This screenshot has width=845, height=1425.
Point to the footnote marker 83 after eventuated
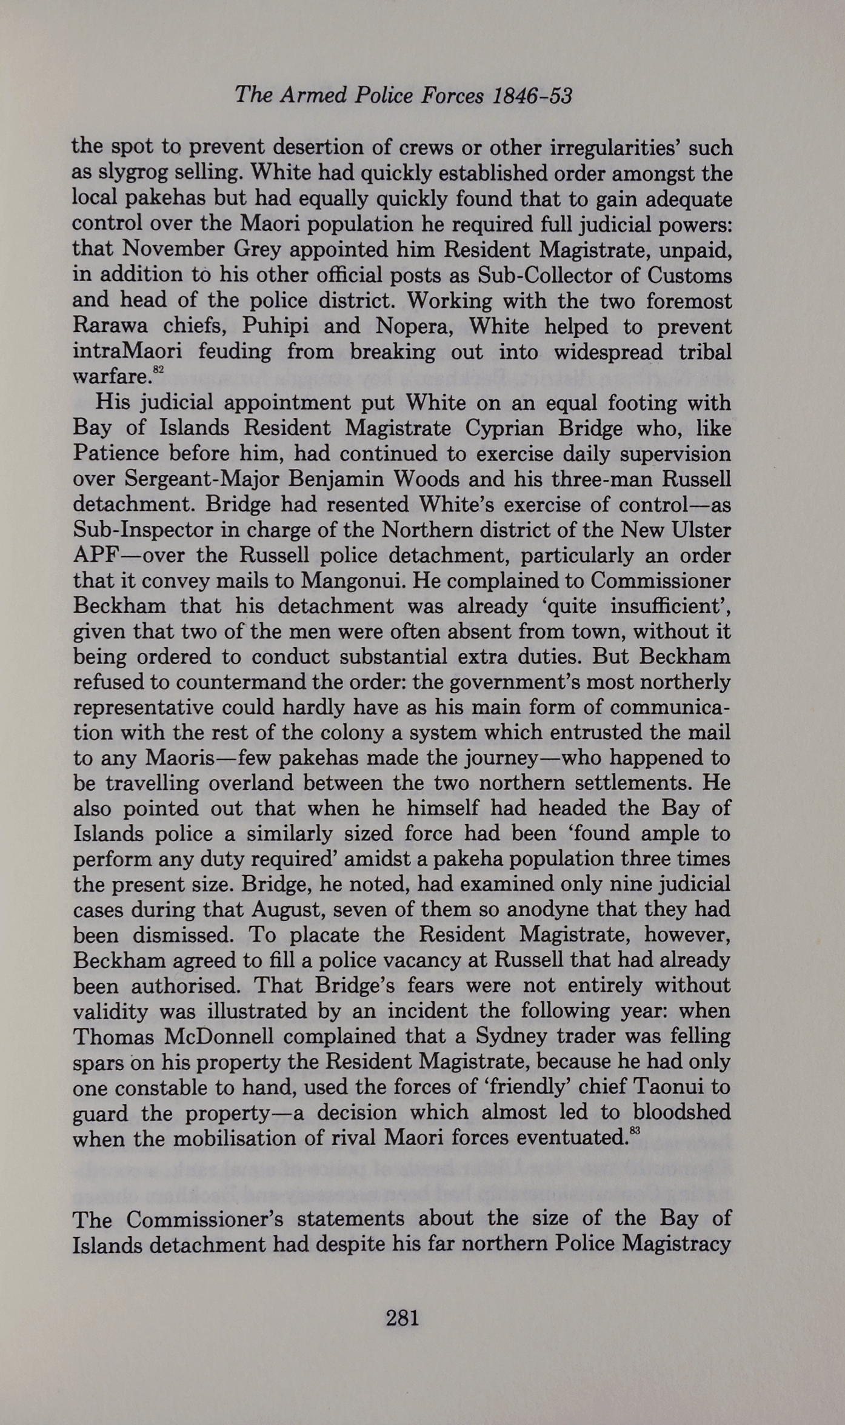pos(635,1129)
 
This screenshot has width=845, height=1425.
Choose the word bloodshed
pos(682,1112)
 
